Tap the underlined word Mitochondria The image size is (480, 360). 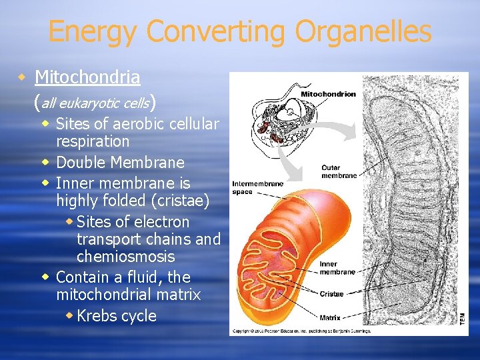coord(87,77)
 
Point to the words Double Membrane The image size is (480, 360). coord(120,163)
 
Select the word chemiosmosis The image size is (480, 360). coord(125,257)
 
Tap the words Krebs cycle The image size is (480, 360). coord(117,316)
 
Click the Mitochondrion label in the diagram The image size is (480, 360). coord(328,94)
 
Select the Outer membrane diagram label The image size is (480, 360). coord(339,172)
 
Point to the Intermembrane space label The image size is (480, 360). coord(257,187)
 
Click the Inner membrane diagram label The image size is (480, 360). coord(337,268)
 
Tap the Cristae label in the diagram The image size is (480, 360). coord(331,294)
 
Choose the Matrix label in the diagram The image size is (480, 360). coord(330,317)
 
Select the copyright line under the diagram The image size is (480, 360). coord(301,331)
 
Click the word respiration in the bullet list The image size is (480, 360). coord(93,141)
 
